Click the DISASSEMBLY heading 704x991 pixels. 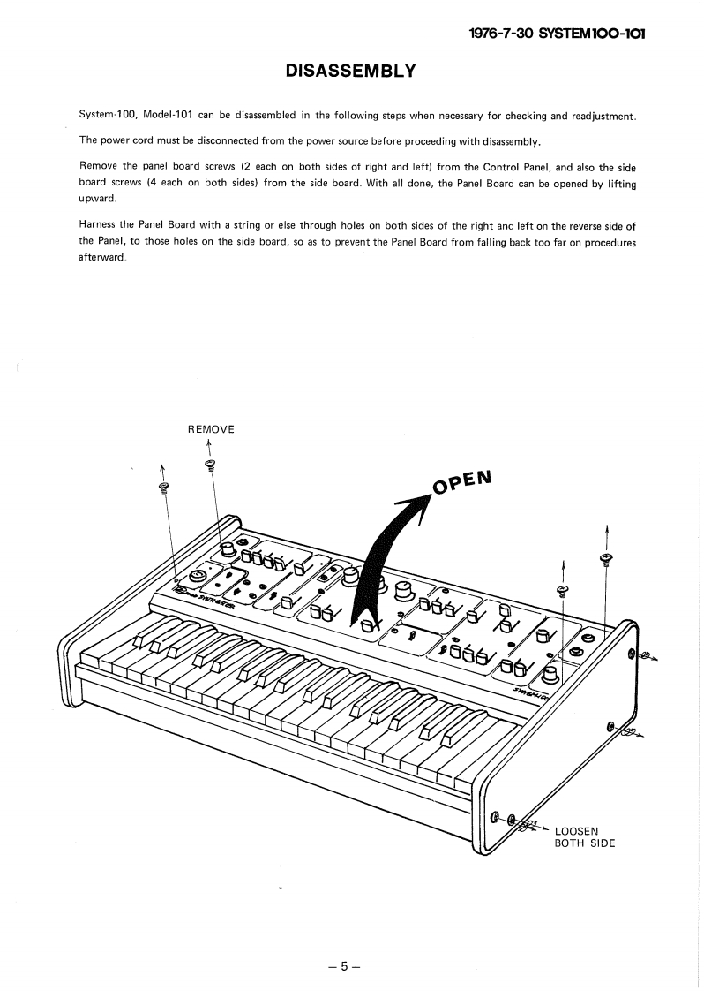point(350,71)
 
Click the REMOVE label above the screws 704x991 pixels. point(211,429)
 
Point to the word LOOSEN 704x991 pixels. point(576,830)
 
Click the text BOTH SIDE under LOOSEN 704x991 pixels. point(584,843)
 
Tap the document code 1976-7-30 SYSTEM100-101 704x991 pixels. point(558,34)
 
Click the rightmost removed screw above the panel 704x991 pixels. point(605,558)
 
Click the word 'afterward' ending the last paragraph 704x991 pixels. point(101,257)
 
